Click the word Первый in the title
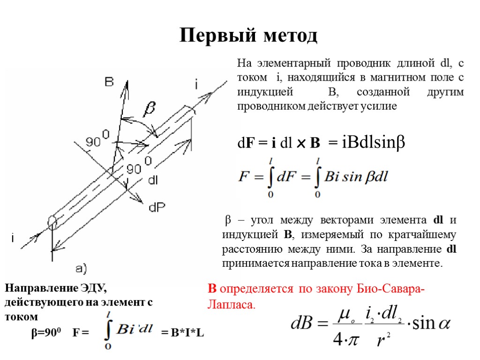(x=213, y=36)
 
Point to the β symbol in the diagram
(x=149, y=110)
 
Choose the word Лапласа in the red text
(x=230, y=305)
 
